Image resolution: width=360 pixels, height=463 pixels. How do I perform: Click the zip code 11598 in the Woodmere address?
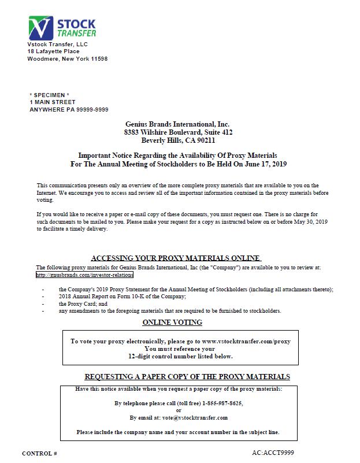[97, 59]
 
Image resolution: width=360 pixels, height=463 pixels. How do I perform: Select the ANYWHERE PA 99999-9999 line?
[69, 109]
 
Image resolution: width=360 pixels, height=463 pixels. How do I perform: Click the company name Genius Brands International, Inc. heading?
[177, 124]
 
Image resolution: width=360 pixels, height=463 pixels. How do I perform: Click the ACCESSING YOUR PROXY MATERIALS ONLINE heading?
[176, 258]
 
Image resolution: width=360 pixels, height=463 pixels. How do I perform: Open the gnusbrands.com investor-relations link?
[84, 275]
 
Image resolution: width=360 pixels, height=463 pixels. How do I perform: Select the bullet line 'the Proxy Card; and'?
[83, 303]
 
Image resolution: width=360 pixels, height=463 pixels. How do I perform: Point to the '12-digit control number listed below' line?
[180, 356]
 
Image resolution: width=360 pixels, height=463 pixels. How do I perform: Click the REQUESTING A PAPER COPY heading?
[187, 376]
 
